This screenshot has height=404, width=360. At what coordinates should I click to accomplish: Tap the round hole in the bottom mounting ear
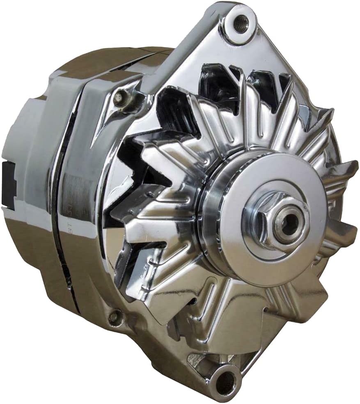coord(225,381)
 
